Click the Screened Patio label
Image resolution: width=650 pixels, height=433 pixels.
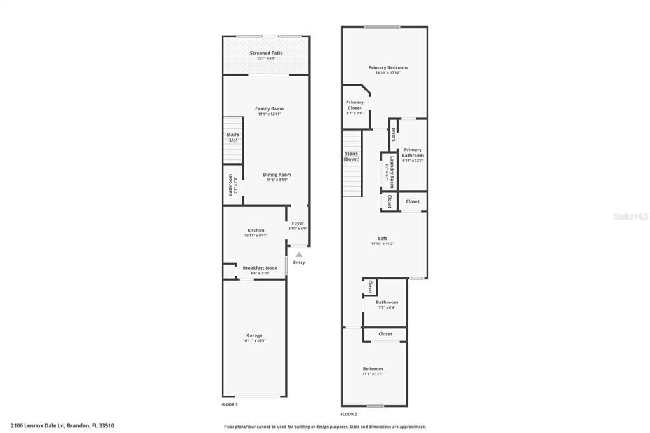[266, 53]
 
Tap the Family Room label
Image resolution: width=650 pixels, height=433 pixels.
[269, 109]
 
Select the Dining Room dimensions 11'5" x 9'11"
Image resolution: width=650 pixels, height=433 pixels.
[277, 180]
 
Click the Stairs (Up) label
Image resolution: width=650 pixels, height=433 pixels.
[233, 137]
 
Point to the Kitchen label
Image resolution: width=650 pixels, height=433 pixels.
[256, 230]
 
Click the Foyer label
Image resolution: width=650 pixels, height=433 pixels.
[298, 223]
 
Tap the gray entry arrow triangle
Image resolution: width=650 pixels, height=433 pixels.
[299, 254]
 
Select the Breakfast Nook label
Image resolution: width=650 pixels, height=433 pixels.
[260, 268]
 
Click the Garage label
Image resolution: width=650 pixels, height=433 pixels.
[254, 335]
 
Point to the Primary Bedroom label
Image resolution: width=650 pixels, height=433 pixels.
[388, 67]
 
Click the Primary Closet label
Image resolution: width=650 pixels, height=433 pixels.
[355, 105]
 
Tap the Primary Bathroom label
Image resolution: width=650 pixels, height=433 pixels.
[413, 152]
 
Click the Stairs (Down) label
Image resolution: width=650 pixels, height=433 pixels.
[352, 156]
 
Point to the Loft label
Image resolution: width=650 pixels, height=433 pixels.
[382, 238]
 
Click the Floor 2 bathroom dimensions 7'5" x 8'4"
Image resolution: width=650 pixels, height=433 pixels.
[387, 308]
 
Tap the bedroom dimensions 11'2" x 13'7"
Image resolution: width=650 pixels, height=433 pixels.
[373, 374]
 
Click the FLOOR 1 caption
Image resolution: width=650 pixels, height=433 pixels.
[229, 404]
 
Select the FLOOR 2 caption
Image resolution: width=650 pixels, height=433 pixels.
[348, 414]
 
